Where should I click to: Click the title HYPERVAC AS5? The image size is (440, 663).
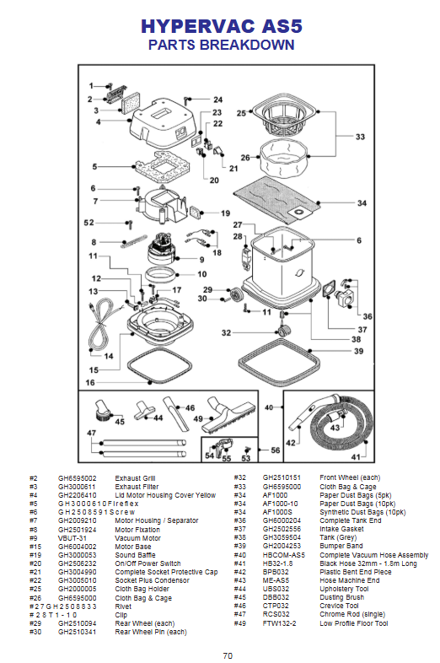[x=222, y=26]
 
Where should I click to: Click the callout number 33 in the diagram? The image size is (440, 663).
[x=360, y=137]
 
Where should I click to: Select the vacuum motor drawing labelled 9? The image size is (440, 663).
[x=162, y=249]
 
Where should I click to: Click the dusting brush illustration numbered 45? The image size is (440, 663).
[x=102, y=409]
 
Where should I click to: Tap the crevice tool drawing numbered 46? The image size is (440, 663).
[x=176, y=413]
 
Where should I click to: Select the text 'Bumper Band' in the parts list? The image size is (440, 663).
[x=341, y=546]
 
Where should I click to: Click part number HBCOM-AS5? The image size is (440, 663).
[x=283, y=555]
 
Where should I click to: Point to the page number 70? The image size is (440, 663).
[x=228, y=655]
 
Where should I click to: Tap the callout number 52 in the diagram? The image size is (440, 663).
[x=89, y=223]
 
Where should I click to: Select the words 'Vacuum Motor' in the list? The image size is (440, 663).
[x=137, y=538]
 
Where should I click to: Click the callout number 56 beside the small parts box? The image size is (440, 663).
[x=275, y=450]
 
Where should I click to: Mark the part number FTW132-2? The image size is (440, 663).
[x=279, y=623]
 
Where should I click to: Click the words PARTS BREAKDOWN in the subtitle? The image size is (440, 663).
[x=222, y=45]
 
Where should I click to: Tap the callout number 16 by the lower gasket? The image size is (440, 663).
[x=90, y=383]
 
